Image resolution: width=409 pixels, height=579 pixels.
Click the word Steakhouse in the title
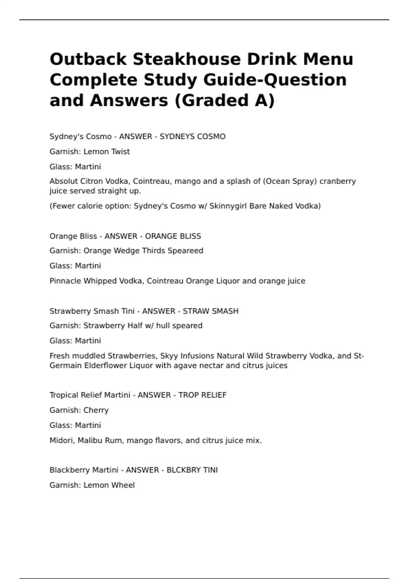tap(187, 59)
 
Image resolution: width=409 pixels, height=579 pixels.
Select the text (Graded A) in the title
tap(224, 100)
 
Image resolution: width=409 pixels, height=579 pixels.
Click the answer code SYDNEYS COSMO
tap(193, 137)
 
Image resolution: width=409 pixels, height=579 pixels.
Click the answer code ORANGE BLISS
tap(173, 236)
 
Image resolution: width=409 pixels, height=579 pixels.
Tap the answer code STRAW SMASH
tap(211, 311)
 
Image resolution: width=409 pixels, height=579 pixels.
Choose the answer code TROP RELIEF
tap(202, 395)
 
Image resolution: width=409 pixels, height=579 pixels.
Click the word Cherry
tap(96, 410)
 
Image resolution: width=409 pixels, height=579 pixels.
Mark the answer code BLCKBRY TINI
tap(192, 470)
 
